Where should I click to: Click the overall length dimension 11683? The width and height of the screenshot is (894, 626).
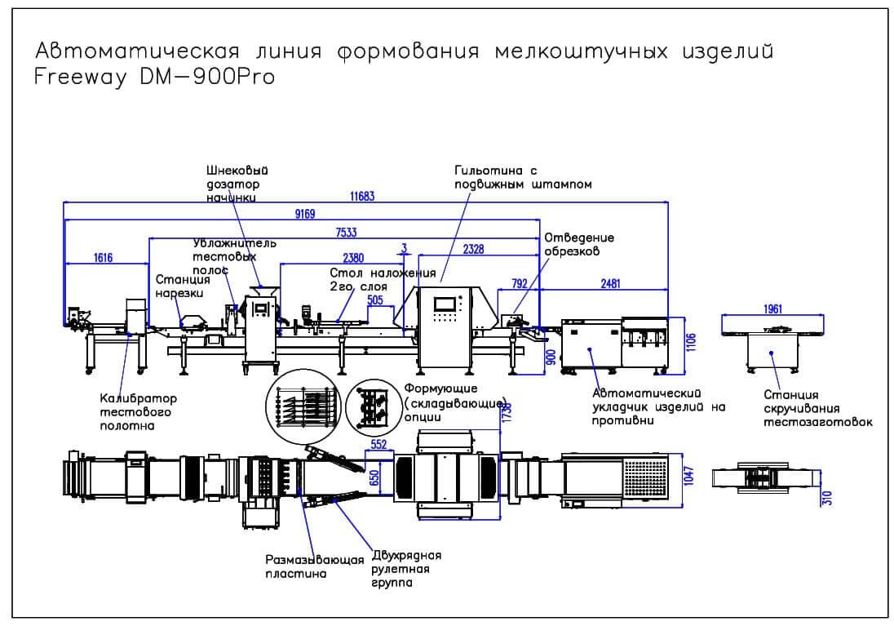pos(362,197)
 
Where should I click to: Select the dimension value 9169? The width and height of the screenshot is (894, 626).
pos(305,214)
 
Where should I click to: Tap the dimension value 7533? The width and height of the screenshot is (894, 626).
pos(346,233)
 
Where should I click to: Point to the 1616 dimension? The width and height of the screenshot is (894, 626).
pos(104,258)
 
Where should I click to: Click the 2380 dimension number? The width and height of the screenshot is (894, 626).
pos(353,258)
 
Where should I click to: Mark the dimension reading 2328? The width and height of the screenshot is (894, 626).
pos(473,250)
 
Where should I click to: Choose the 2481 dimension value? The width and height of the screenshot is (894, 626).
pos(610,283)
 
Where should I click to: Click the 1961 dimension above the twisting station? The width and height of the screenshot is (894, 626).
pos(772,309)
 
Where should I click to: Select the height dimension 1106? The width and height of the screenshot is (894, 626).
pos(690,343)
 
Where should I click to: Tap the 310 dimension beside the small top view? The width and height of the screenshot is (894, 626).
pos(828,498)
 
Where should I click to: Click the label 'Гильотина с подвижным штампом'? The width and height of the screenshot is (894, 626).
pos(523,177)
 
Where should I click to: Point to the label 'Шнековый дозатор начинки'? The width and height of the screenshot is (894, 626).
pos(237,184)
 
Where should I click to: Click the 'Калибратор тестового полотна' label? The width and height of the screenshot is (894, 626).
pos(139,412)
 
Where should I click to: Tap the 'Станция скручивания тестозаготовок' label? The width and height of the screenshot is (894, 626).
pos(818,409)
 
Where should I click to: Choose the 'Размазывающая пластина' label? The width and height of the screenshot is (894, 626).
pos(315,566)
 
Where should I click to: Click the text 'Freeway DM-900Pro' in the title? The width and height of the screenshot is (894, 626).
pos(154,77)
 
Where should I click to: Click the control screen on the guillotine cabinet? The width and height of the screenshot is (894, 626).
pos(445,303)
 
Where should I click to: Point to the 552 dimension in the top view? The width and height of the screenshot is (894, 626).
pos(378,445)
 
